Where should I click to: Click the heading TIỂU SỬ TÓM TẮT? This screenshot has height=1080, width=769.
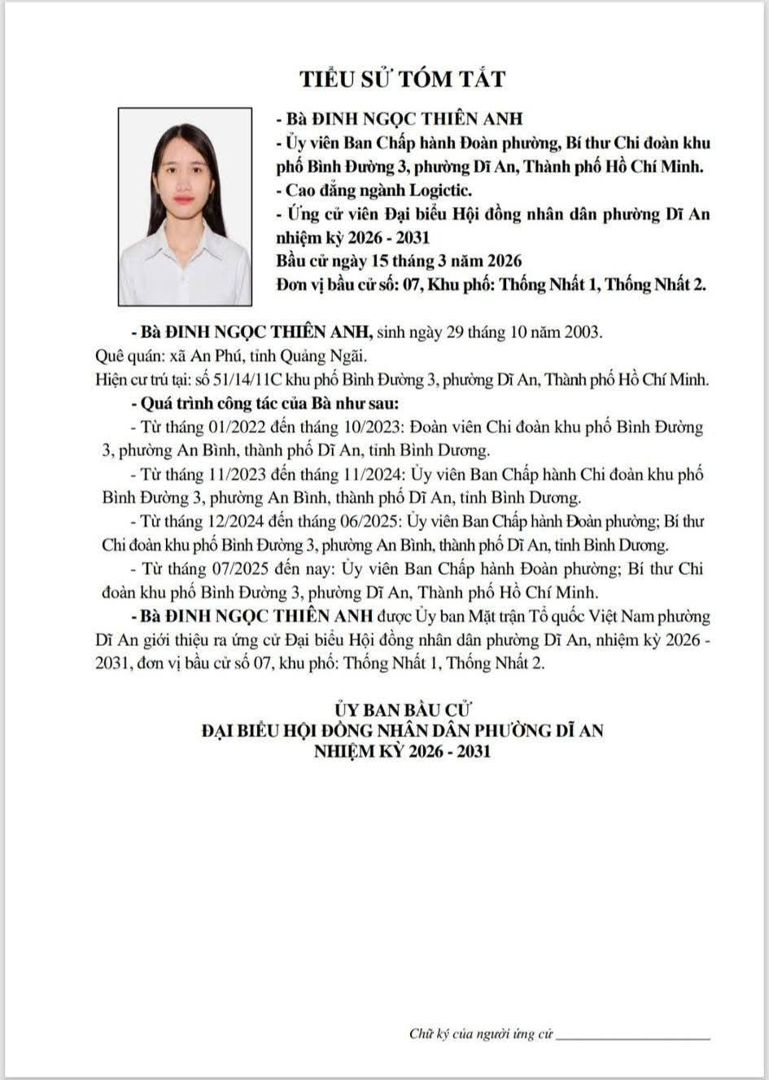[x=402, y=79]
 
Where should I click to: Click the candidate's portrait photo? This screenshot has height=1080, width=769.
[x=186, y=207]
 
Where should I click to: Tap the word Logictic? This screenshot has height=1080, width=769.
[x=439, y=191]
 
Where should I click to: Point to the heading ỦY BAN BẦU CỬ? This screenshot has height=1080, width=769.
[x=403, y=711]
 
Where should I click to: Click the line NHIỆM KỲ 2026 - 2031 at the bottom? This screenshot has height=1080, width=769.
[x=403, y=750]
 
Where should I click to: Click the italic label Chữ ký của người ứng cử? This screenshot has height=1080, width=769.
[x=481, y=1034]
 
